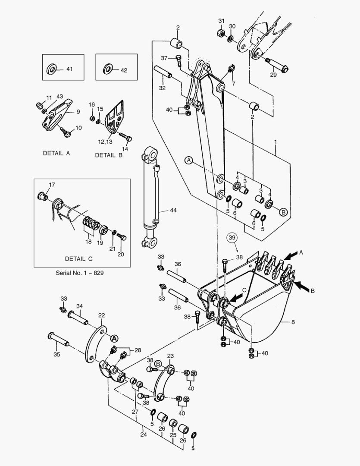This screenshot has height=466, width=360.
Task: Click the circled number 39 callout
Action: point(232,238)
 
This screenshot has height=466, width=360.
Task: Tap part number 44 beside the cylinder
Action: point(173,211)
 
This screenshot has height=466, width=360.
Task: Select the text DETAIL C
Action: point(78,259)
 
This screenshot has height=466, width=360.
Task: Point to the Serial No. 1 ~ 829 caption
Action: point(80,273)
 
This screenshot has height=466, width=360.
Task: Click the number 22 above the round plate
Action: point(101,315)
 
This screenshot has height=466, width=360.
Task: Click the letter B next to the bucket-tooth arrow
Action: point(313,291)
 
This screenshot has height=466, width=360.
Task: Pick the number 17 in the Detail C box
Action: point(52,185)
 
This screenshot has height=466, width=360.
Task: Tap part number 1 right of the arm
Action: point(276,142)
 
